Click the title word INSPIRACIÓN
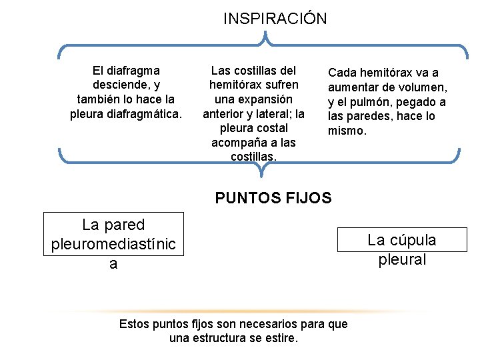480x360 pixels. [x=275, y=19]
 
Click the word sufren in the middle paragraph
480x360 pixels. [x=280, y=85]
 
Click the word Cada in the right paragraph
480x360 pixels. [x=343, y=73]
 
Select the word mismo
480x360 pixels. [x=347, y=131]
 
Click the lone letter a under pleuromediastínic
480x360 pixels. [x=113, y=265]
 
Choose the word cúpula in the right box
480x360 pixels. [x=412, y=240]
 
